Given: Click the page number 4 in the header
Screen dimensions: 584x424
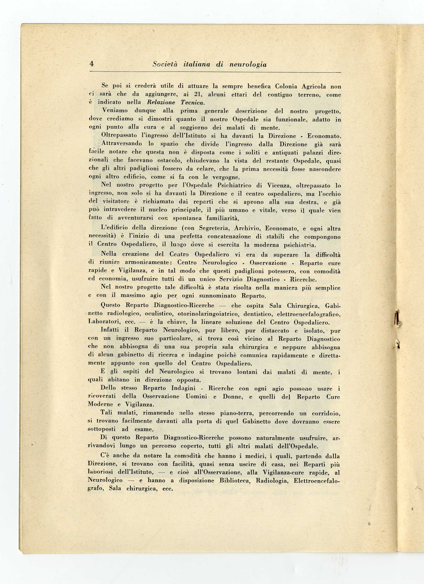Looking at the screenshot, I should (91, 64).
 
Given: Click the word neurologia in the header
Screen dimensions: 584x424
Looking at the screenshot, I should (248, 64).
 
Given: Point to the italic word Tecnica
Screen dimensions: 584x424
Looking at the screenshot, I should (192, 102).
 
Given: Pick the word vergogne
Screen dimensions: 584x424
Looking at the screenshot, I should (226, 177).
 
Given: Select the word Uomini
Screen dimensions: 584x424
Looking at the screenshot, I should (196, 396).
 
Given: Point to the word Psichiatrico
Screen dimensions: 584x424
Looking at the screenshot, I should (239, 185).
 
